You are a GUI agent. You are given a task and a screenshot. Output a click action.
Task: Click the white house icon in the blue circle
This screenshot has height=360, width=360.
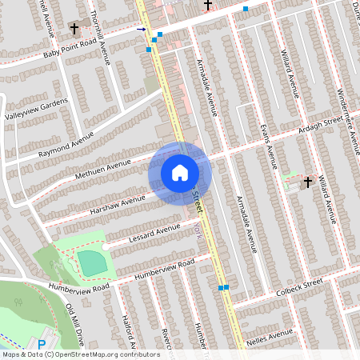[x=180, y=172]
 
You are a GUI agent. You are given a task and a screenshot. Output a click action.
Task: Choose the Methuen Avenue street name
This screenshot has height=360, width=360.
[x=102, y=167]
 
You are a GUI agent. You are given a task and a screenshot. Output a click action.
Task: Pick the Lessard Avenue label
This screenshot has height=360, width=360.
[x=155, y=233]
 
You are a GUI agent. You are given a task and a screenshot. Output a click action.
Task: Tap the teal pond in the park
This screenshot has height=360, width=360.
[x=91, y=261]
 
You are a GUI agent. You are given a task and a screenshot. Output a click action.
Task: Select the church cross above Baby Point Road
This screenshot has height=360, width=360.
[x=74, y=29]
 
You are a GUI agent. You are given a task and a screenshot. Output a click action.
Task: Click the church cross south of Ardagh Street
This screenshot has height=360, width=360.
[x=307, y=182]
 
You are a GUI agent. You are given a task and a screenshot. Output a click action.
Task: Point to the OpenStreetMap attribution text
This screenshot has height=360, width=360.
[x=80, y=354]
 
